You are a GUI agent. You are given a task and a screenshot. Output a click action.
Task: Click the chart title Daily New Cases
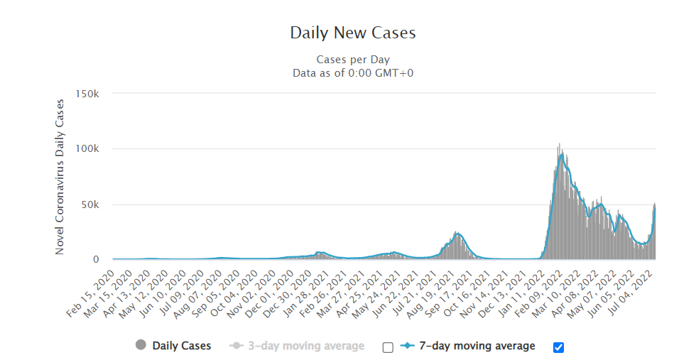[x=352, y=33]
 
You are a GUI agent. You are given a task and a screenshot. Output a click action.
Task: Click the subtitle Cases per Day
[x=352, y=60]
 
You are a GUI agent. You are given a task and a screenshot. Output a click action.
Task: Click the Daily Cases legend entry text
[x=181, y=346]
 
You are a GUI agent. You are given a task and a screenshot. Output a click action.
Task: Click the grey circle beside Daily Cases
[x=141, y=346]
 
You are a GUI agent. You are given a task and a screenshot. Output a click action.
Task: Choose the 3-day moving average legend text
[x=306, y=346]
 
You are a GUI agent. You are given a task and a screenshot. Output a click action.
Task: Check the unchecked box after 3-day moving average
[x=387, y=347]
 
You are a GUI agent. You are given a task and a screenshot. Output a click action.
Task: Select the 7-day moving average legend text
[x=477, y=346]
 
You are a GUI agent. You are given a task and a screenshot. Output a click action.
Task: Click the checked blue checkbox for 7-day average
[x=558, y=347]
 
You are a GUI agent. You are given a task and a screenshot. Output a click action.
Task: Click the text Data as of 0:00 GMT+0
[x=352, y=72]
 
